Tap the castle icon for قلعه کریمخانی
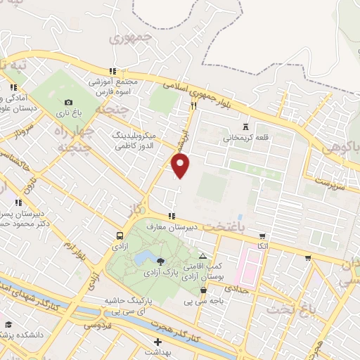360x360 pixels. click(245, 127)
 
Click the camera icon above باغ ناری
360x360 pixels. click(68, 103)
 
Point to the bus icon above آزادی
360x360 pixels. click(120, 236)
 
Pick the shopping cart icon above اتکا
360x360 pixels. click(262, 236)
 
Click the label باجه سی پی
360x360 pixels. click(198, 301)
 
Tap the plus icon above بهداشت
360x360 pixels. click(157, 341)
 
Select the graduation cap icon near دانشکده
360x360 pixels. click(8, 325)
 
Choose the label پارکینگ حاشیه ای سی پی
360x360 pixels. click(129, 305)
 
